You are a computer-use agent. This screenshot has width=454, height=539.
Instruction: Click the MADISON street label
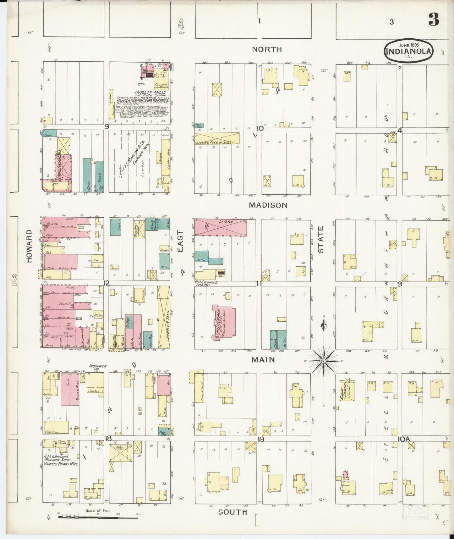tap(268, 205)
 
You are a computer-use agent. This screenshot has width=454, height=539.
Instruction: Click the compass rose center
tap(323, 361)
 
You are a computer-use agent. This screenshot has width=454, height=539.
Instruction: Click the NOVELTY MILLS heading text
tap(145, 93)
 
